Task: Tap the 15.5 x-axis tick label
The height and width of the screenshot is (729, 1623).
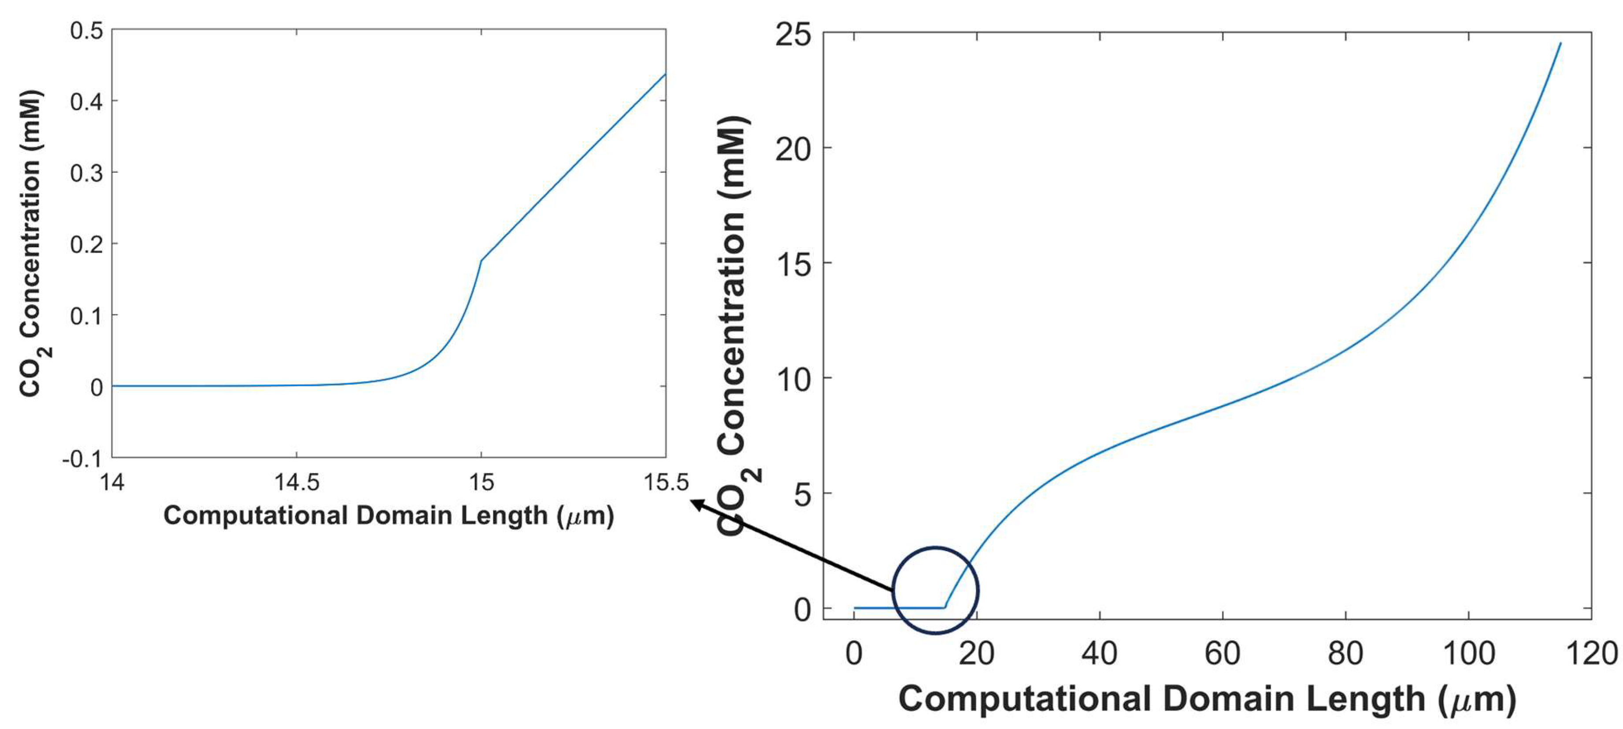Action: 666,483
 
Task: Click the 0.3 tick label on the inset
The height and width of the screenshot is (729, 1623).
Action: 86,173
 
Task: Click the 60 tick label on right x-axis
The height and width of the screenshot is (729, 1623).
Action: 1222,653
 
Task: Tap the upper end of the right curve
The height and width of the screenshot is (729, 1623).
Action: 1560,44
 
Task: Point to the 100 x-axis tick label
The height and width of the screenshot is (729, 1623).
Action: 1469,653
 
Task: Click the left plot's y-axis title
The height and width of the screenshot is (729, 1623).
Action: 32,243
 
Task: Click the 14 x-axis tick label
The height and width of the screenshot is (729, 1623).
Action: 112,483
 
